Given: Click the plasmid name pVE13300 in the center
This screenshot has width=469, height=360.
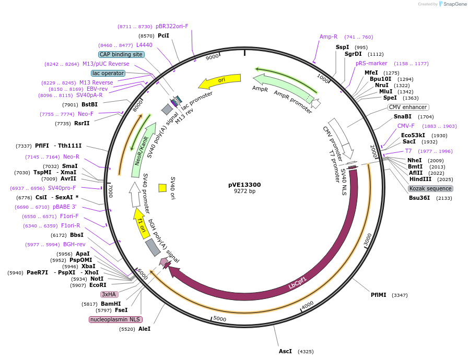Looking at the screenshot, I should click(x=244, y=184).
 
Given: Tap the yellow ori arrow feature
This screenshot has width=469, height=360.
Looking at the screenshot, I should click(x=219, y=81).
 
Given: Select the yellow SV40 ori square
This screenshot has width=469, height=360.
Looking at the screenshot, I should click(x=162, y=187).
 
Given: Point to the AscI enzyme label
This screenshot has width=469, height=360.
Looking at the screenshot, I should click(x=285, y=351).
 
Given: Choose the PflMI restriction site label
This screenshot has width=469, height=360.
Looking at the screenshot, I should click(x=379, y=295).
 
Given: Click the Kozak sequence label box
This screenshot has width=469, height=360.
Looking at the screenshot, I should click(x=430, y=188).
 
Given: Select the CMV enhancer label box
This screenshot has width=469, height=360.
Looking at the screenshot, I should click(x=408, y=107).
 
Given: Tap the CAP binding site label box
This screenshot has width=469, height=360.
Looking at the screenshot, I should click(x=121, y=54).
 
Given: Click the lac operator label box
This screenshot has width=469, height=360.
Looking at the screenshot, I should click(x=108, y=73).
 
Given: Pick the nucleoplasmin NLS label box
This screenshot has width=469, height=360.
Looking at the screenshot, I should click(x=115, y=319).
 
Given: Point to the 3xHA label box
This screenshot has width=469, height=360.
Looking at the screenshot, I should click(x=109, y=294).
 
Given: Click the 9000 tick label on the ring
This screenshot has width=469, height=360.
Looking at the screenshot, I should click(x=212, y=57).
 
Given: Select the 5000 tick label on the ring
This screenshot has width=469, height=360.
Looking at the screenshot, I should click(x=219, y=319).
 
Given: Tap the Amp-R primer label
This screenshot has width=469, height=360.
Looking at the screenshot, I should click(x=329, y=37).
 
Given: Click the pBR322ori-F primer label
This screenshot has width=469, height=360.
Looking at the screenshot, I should click(x=172, y=26).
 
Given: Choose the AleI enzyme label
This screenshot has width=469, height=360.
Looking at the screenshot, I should click(x=144, y=329).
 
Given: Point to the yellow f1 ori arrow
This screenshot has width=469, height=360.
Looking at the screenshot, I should click(x=139, y=223).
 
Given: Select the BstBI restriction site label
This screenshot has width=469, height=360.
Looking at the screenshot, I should click(x=89, y=104).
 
